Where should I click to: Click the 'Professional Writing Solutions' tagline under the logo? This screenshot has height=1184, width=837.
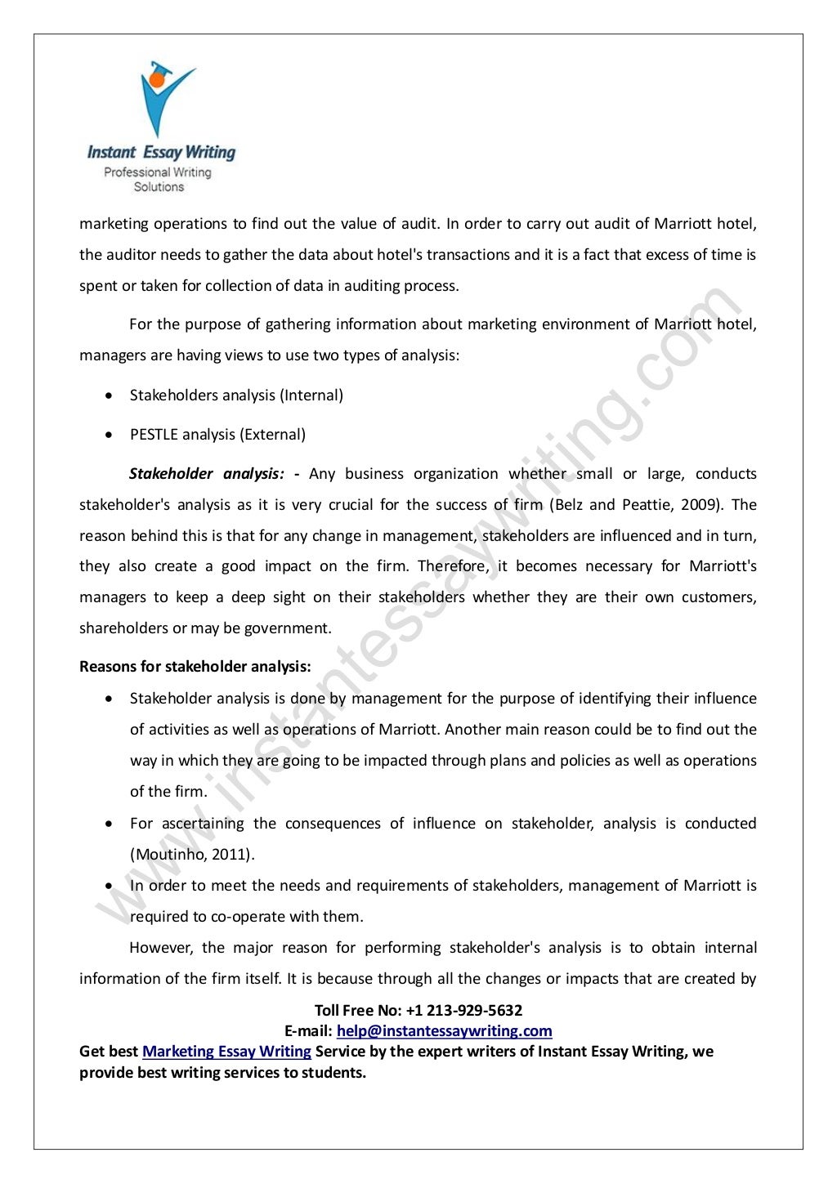[x=159, y=180]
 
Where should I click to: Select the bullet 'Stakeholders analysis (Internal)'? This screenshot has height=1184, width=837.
[x=236, y=395]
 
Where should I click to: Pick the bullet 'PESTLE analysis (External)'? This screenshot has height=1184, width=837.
[x=217, y=435]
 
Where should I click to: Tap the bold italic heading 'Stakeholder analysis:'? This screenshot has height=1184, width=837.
[x=206, y=474]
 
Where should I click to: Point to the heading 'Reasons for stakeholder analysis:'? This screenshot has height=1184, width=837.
[x=195, y=667]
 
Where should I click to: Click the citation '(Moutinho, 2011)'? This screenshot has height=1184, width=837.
[x=192, y=855]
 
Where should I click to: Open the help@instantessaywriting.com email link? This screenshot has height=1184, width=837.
[x=444, y=1031]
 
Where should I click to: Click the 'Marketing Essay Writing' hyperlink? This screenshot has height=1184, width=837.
[x=226, y=1052]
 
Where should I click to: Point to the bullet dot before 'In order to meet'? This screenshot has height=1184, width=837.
[x=109, y=886]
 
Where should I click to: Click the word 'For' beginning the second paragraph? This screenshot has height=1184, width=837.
[x=141, y=324]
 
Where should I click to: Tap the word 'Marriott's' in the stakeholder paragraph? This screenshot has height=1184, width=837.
[x=723, y=566]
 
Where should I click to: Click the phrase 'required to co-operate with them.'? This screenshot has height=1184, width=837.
[x=246, y=917]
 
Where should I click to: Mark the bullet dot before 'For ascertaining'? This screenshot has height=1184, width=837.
[x=109, y=824]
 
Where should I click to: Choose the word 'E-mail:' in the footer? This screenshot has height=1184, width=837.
[x=308, y=1031]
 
